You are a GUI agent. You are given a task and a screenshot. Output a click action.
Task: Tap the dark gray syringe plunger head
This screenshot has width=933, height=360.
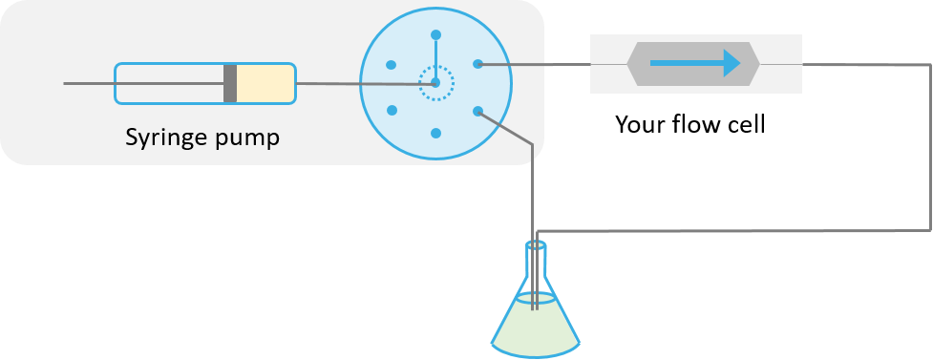tap(230, 83)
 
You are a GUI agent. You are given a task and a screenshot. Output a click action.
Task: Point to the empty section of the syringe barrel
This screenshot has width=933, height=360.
tap(169, 83)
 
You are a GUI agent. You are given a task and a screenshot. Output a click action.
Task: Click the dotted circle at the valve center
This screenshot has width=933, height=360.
tap(436, 83)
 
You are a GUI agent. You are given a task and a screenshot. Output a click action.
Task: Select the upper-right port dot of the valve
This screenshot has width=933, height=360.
tap(478, 64)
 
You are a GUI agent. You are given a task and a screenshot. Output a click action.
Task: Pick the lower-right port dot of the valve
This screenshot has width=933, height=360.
tap(478, 111)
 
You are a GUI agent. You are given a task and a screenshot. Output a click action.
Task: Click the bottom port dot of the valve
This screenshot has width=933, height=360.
tap(436, 133)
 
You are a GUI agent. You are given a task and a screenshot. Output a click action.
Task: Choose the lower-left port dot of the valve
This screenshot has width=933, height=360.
tap(392, 111)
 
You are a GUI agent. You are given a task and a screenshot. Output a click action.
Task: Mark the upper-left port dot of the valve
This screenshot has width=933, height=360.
tap(392, 64)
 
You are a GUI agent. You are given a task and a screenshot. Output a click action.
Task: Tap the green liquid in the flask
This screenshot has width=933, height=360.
tap(535, 325)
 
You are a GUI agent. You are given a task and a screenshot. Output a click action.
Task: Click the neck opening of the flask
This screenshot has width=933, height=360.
tap(537, 245)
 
